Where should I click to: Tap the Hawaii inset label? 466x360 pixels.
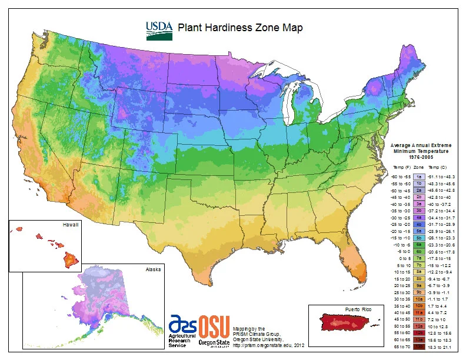click(70, 225)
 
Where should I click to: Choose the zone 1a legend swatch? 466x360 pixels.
click(419, 175)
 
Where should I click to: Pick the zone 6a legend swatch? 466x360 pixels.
click(419, 244)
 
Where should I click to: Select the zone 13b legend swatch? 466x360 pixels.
click(419, 347)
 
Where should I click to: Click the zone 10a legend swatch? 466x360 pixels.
click(419, 299)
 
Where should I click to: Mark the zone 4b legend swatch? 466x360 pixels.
click(419, 224)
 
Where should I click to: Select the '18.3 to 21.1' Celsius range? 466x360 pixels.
click(442, 347)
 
